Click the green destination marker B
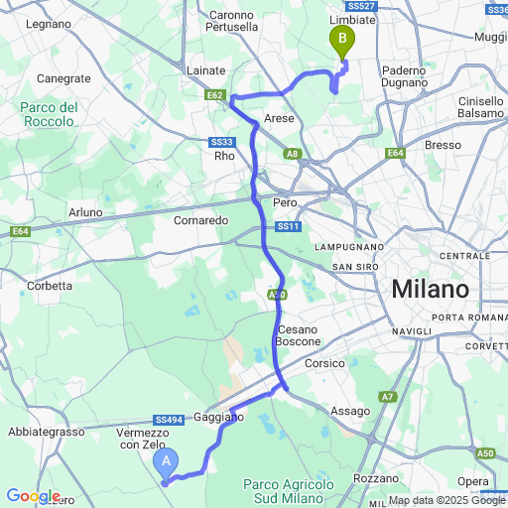tap(342, 42)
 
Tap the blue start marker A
tap(168, 460)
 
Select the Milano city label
tap(430, 290)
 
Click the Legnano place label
tap(45, 23)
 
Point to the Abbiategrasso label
tap(46, 432)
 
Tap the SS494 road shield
tap(168, 421)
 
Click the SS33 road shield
tap(221, 141)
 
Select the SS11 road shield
tap(288, 227)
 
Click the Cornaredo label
tap(201, 220)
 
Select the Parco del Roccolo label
tap(48, 114)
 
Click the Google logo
tap(32, 496)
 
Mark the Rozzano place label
tap(375, 477)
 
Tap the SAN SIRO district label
tap(357, 267)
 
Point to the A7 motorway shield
tap(388, 397)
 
